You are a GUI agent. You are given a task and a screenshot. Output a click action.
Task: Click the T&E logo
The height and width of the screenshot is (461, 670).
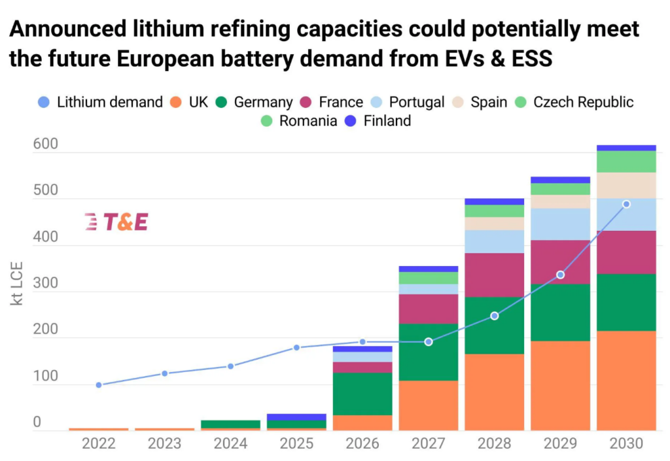coord(116,222)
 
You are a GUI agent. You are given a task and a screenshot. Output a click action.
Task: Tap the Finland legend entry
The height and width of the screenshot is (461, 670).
coord(379,121)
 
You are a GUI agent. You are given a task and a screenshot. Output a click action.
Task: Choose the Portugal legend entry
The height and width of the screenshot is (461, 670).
coord(409,102)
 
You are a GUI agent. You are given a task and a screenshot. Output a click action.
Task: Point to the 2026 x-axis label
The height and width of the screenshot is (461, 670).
coord(362,443)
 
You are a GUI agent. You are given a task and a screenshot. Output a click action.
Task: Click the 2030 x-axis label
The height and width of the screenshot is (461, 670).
coord(626,443)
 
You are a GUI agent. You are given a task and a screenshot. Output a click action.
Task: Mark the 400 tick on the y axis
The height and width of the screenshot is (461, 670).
coord(46,238)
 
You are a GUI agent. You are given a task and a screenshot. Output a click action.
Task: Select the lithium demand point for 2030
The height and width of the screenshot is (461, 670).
coord(626,204)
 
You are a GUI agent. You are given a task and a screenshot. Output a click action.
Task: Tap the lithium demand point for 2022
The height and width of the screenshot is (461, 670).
coord(99,385)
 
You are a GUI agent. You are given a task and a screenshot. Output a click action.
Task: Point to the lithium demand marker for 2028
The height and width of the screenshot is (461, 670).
coord(495,316)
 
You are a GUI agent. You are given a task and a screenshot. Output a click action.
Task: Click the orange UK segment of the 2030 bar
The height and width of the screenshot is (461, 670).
coord(626,381)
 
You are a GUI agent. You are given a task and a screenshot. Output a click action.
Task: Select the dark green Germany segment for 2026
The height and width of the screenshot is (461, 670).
coord(362,394)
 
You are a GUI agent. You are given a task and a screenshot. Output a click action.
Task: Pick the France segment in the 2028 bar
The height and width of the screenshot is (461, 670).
coord(495,275)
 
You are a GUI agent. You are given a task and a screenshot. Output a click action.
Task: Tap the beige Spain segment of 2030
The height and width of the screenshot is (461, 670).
coord(626,185)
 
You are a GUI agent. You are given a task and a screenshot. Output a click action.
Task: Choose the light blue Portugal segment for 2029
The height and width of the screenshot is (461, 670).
coord(560,224)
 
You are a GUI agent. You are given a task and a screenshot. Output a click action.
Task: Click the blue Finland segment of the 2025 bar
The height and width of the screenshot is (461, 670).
coord(296,417)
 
